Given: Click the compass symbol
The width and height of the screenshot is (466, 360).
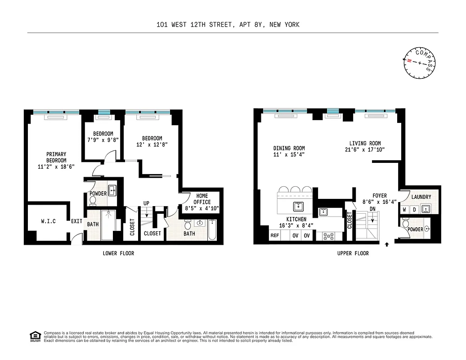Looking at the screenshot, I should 419,63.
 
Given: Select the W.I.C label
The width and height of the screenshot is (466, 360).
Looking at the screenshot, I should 48,221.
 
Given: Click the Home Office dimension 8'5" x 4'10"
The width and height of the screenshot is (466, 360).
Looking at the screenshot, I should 202,208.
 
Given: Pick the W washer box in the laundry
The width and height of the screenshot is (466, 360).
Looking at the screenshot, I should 405,210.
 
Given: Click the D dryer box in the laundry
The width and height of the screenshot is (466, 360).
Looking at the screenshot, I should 414,210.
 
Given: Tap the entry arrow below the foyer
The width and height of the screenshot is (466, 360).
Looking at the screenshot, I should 387,245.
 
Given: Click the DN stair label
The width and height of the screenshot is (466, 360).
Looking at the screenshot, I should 372,209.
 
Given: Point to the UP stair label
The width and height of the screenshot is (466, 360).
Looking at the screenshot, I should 146,203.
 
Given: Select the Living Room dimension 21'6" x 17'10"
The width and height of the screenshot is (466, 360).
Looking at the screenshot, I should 367,150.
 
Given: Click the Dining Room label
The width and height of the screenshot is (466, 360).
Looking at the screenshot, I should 289,148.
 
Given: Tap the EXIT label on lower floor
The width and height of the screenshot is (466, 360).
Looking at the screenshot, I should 76,221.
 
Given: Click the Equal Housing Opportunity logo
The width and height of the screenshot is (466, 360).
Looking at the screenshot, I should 35,336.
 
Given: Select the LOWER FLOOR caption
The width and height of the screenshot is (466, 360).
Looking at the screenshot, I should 118,253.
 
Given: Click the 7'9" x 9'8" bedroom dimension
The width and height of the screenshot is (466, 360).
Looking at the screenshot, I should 103,140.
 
